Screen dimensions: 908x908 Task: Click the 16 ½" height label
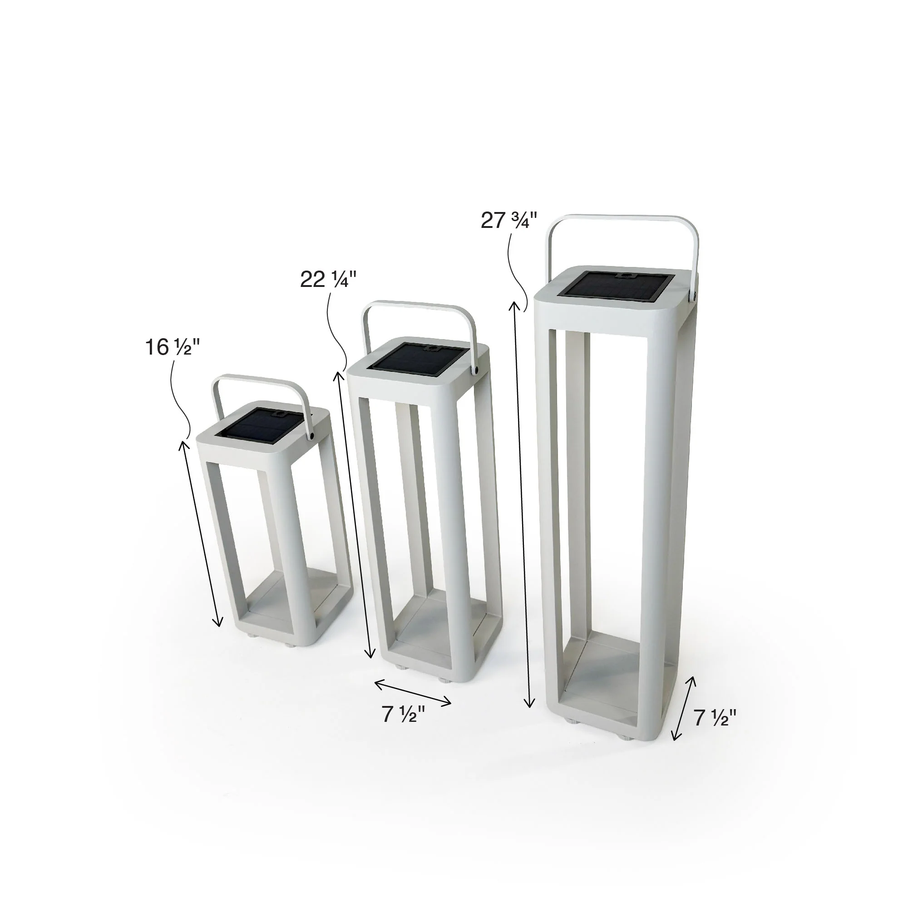[x=173, y=348]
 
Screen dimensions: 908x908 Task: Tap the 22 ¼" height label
[x=329, y=280]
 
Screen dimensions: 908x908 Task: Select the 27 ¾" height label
[x=509, y=221]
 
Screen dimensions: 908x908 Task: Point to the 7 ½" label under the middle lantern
[x=403, y=714]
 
